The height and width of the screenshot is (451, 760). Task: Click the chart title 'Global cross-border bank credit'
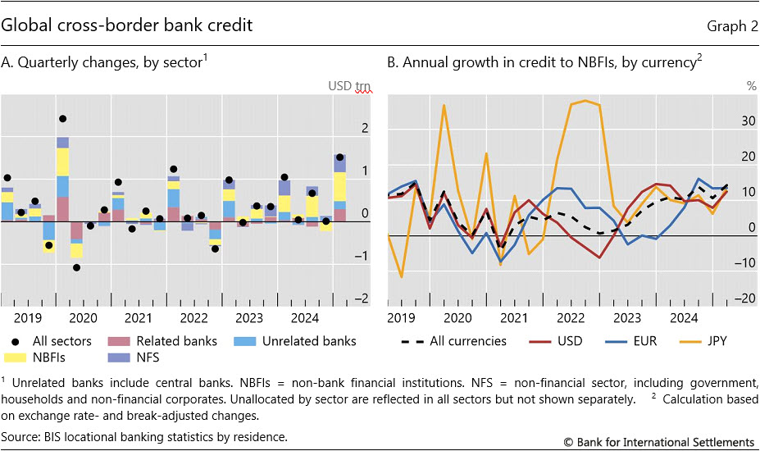[126, 25]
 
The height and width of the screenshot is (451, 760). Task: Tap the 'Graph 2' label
[731, 26]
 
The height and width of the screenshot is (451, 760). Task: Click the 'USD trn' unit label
[350, 85]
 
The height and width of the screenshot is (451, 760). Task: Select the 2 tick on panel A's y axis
[365, 128]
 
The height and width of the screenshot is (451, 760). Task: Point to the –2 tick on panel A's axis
[362, 299]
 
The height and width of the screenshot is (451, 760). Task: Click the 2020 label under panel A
[82, 318]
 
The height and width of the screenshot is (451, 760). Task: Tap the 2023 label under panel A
[248, 318]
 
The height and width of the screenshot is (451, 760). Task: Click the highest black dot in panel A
[62, 119]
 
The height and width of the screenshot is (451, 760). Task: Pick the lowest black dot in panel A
[76, 267]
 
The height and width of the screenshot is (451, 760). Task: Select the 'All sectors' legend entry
[57, 341]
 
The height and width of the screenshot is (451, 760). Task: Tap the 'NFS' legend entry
[147, 358]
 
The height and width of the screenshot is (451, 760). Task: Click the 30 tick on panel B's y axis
[747, 120]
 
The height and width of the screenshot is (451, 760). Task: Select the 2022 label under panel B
[570, 318]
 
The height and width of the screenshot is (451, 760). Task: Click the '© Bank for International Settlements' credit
[658, 442]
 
